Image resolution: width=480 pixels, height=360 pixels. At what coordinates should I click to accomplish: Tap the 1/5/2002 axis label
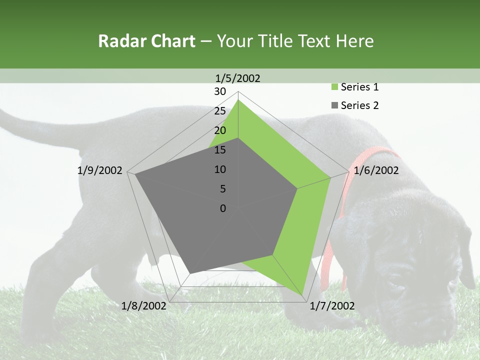pos(237,78)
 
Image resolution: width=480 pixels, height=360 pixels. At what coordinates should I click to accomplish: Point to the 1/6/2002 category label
pos(376,170)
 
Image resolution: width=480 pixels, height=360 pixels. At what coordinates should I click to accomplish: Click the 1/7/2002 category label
pos(332,305)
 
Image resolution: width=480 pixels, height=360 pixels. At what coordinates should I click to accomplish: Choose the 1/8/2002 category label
pos(144,305)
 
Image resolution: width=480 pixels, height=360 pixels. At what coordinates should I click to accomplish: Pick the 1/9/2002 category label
pos(100,170)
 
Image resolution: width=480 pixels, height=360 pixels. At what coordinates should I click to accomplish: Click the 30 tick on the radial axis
pos(220,91)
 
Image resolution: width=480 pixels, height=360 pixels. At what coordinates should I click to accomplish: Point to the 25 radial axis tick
pos(220,111)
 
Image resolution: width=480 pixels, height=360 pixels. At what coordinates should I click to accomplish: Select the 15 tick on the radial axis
pos(220,150)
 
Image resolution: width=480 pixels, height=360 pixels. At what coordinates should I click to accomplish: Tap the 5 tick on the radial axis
pos(223,189)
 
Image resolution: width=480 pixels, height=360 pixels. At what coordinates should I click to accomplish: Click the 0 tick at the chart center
pos(223,208)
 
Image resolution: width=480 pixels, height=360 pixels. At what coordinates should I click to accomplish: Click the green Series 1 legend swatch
pos(335,87)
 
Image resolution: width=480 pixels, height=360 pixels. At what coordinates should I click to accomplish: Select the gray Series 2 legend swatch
pos(335,105)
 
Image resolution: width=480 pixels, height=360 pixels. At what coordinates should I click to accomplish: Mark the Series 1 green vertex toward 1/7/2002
pos(303,294)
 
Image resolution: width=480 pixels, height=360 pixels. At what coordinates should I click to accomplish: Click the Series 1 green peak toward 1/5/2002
pos(238,100)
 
